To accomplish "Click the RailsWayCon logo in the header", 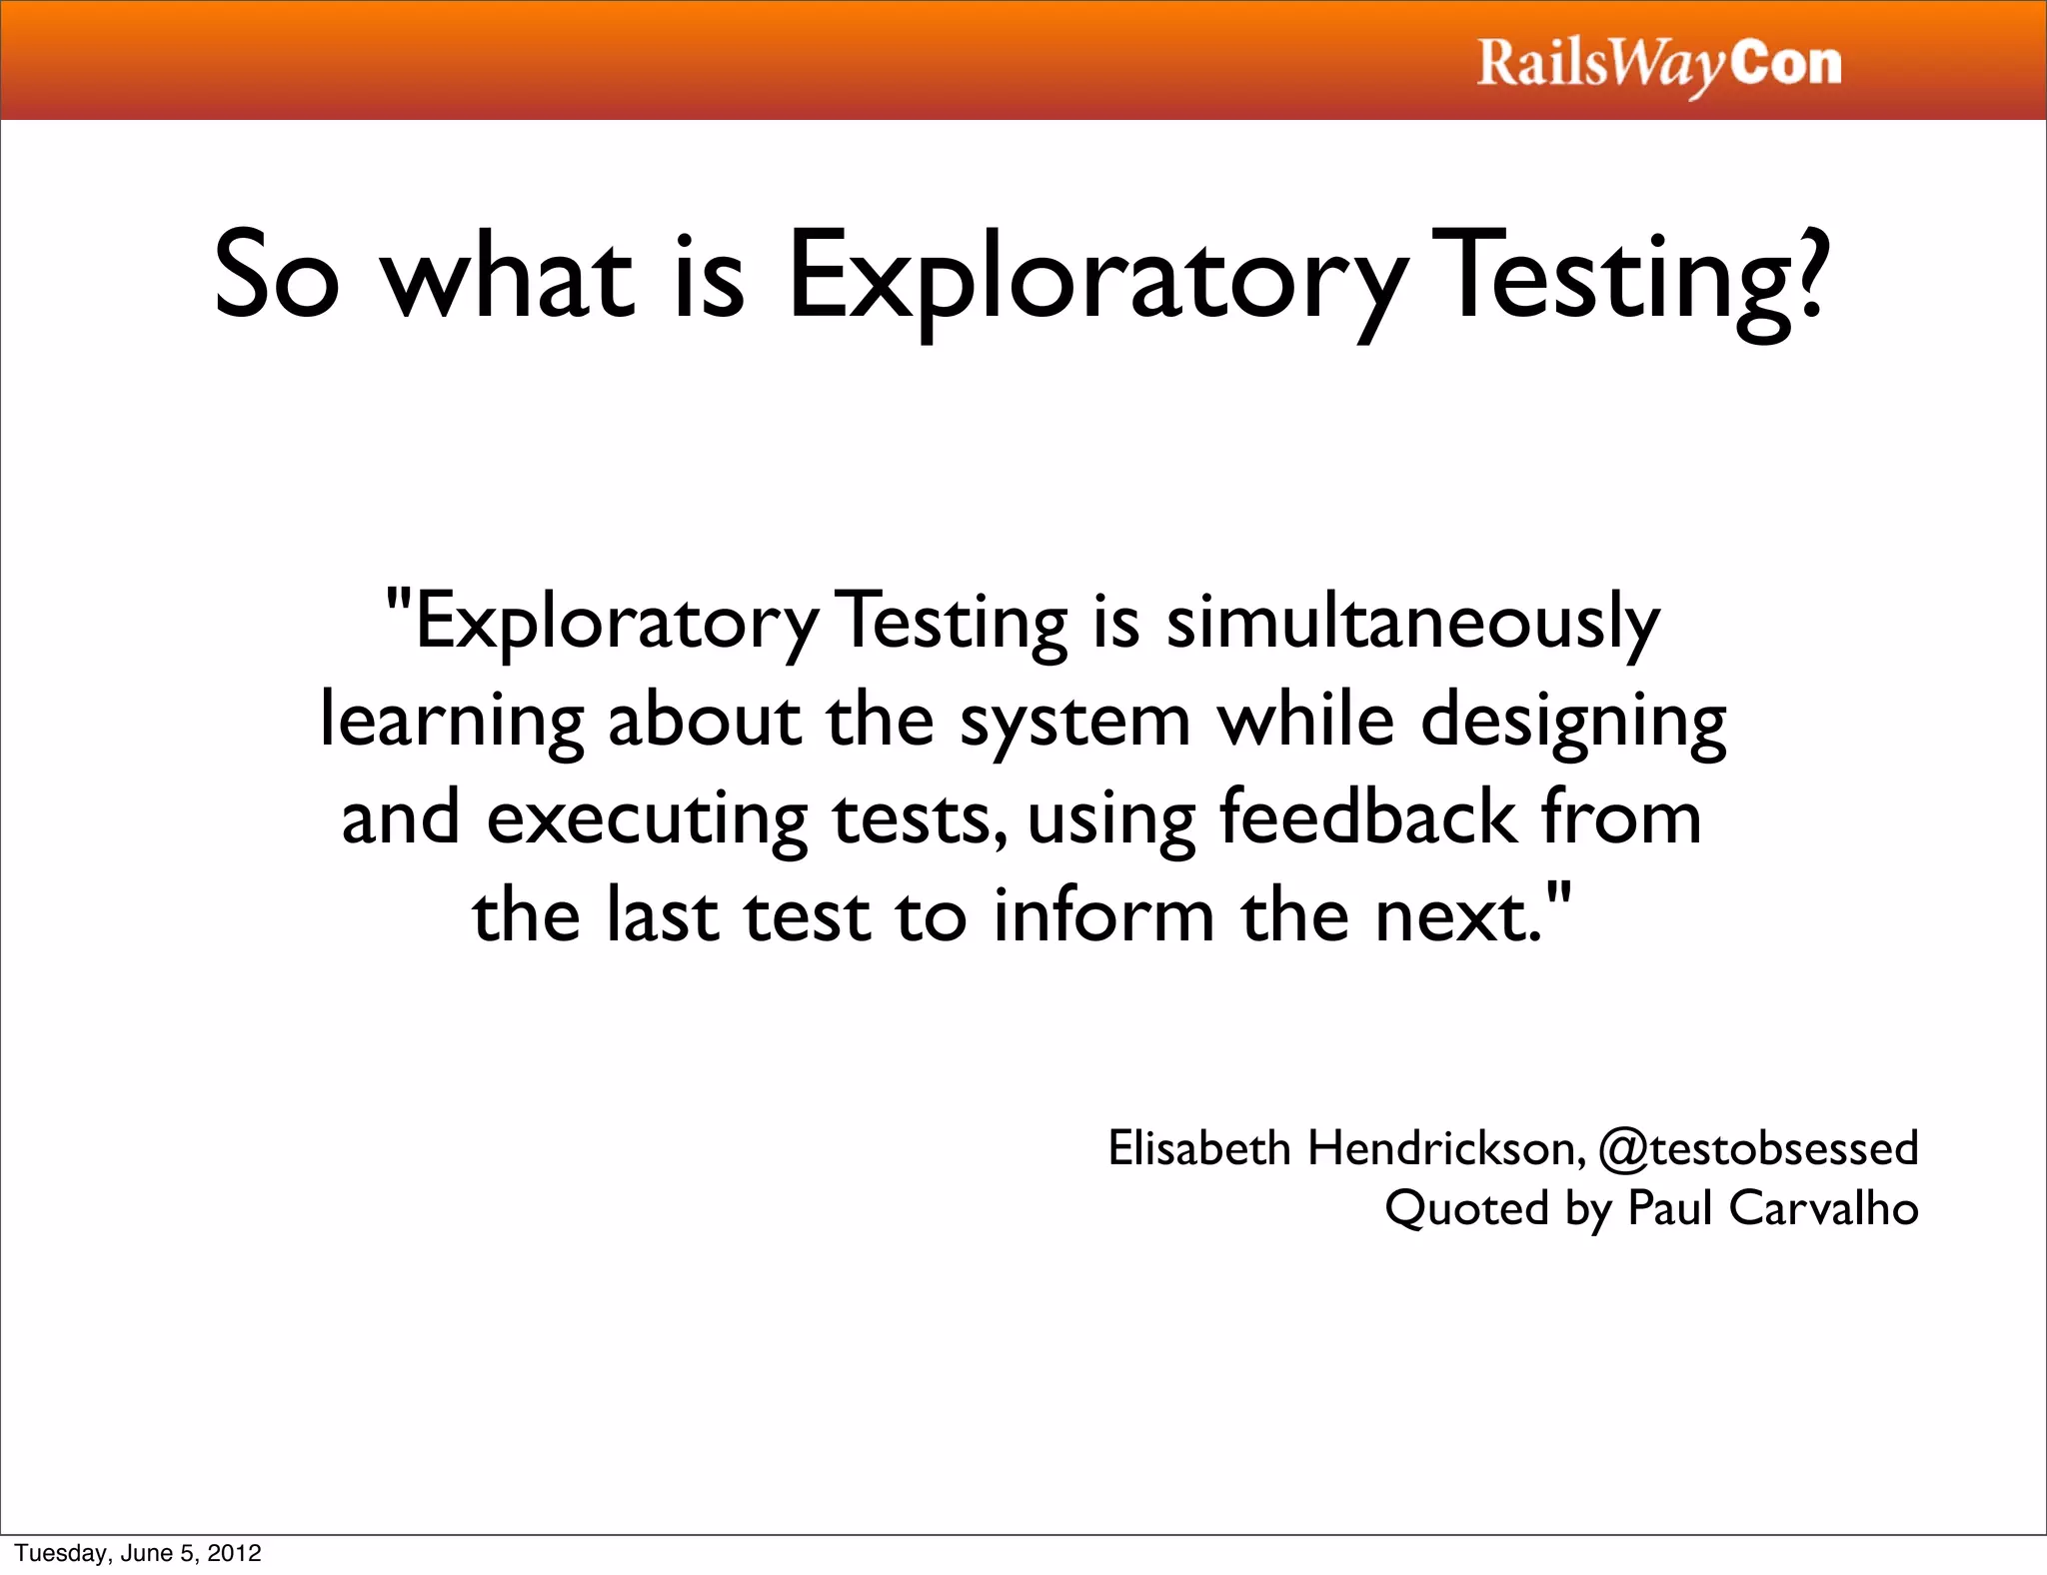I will [1659, 64].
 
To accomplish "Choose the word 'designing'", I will [1573, 722].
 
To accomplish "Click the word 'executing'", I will [647, 818].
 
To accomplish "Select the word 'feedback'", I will [1367, 816].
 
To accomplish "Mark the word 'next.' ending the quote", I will [1461, 917].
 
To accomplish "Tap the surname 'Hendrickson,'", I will [1447, 1147].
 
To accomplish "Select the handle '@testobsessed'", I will [1758, 1147].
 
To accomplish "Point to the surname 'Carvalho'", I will [1823, 1207].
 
